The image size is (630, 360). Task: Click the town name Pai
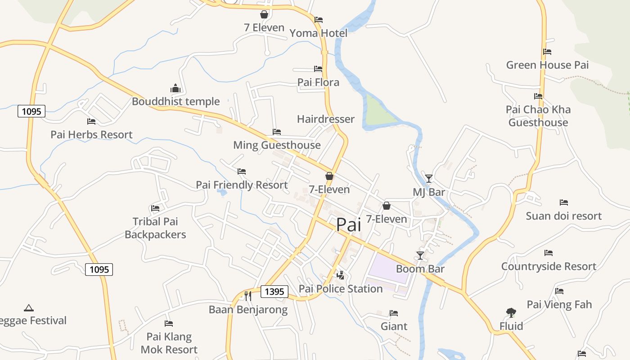349,225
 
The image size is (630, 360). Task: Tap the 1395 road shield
274,292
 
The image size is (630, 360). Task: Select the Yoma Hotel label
318,33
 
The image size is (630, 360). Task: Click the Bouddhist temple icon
175,88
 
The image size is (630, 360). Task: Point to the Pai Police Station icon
341,275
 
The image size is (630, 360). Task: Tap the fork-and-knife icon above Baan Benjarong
247,296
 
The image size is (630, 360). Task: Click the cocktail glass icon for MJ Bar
429,179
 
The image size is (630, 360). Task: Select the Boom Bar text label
420,269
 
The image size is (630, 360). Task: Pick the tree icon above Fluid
511,312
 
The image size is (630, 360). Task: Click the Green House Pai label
547,65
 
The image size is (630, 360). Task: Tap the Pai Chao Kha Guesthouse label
538,116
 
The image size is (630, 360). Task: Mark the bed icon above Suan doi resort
563,202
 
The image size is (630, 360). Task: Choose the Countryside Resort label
549,266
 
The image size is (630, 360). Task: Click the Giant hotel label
394,326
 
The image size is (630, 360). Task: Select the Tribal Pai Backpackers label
155,228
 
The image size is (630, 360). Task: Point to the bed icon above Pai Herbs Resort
91,121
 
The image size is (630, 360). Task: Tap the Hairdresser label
326,119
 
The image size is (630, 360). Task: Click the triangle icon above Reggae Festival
29,308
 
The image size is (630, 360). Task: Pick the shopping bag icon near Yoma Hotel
264,15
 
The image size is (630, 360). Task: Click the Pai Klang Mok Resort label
169,343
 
